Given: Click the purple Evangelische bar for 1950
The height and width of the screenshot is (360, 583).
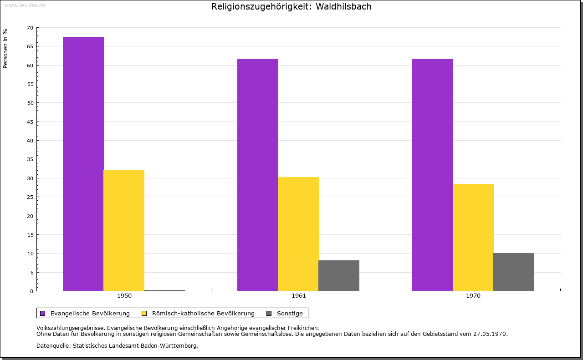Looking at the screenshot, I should point(83,164).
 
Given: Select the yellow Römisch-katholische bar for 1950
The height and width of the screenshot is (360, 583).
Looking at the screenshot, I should point(124,230).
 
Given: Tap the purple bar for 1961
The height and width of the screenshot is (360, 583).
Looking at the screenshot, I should point(258,175).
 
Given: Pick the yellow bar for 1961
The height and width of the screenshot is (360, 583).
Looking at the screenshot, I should point(298,234).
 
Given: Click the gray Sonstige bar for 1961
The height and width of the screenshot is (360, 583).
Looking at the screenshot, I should point(339,276).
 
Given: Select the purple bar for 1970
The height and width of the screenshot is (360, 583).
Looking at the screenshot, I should point(433,175).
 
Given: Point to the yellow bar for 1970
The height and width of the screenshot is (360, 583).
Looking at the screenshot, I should point(473,238).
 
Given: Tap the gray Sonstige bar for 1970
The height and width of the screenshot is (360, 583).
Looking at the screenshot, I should point(514,272).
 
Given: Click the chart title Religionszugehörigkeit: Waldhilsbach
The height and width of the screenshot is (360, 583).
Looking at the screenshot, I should point(291,7).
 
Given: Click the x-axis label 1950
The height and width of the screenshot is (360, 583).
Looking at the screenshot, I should point(124,296).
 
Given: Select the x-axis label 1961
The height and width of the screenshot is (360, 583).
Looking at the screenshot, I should point(299,296).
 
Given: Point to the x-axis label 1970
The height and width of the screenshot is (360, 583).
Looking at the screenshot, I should point(473,296).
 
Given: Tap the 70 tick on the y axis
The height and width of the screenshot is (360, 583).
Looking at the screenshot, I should point(30,28).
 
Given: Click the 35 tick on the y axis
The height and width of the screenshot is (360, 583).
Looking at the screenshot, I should point(30,159).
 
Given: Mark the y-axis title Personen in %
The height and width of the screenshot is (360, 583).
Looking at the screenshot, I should point(5,48).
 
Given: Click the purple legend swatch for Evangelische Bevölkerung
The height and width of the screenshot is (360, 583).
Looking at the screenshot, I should point(43,313).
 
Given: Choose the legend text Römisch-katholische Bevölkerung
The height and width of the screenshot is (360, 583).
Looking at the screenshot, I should point(203,313).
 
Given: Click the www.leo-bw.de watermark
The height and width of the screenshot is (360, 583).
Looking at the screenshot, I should point(24,5).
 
